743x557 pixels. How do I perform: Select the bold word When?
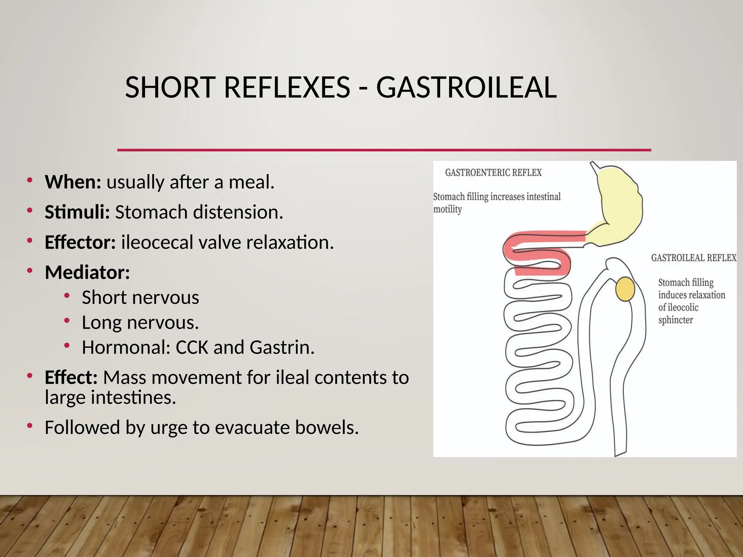coord(73,182)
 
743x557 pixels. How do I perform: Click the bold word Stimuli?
coord(77,212)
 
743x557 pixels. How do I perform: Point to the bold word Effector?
coord(80,242)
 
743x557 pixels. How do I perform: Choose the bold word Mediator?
coord(87,272)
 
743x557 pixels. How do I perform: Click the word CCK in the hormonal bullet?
coord(192,347)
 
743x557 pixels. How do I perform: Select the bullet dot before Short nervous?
coord(67,296)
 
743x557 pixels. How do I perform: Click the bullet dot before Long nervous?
coord(67,321)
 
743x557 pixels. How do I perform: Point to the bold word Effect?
coord(71,377)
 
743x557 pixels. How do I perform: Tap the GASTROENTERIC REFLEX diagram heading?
coord(493,173)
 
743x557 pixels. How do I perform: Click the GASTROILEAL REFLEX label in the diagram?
coord(693,258)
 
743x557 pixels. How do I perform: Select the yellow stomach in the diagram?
coord(619,207)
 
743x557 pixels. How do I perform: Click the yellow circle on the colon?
coord(625,289)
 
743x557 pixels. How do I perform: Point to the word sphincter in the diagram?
coord(676,320)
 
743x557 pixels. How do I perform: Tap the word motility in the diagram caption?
coord(448,210)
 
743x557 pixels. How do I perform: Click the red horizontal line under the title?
coord(384,150)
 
